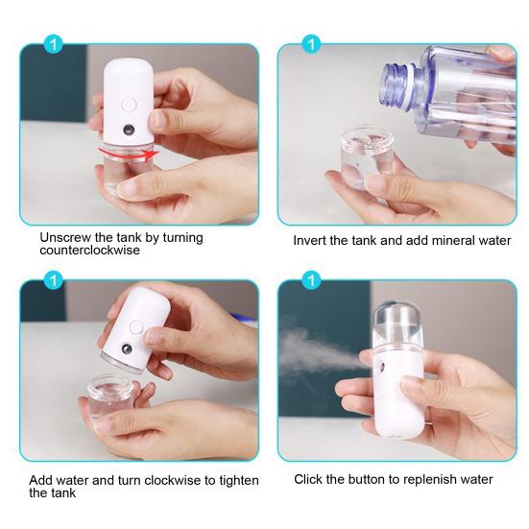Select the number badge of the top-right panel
(x=310, y=44)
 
